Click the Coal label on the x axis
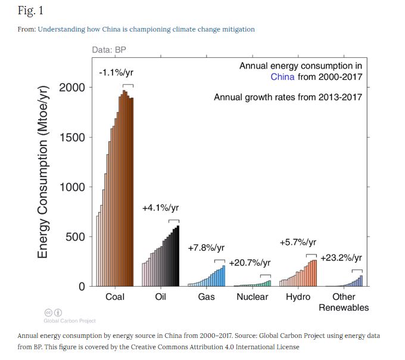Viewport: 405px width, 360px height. [114, 297]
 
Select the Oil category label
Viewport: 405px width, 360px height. [160, 297]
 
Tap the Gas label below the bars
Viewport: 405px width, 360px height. [206, 297]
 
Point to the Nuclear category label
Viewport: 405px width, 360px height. [252, 297]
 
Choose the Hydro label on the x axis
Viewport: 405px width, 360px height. [298, 297]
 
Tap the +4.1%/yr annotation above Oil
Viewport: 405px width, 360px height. [160, 208]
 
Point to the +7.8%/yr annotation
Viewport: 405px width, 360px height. [206, 248]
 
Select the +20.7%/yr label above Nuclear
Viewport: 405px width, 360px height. [250, 263]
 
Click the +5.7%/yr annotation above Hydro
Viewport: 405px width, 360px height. [298, 243]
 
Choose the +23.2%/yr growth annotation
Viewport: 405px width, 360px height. [341, 258]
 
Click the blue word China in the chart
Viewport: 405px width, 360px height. [282, 77]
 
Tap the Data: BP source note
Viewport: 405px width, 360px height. [109, 49]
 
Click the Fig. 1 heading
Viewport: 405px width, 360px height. [30, 11]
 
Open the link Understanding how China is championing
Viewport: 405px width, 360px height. [146, 29]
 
